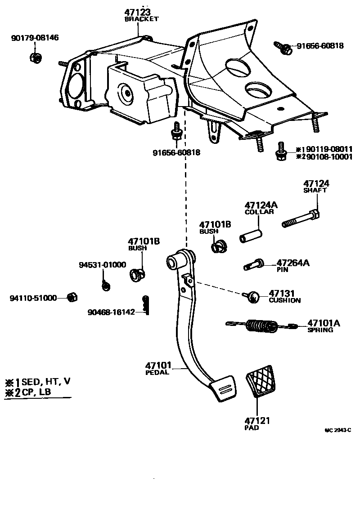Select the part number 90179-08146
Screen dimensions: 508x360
coord(35,38)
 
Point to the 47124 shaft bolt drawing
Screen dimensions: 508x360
coord(301,219)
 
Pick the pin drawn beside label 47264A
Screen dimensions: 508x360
coord(255,265)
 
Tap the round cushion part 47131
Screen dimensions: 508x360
coord(253,296)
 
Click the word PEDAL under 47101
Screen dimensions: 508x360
coord(157,372)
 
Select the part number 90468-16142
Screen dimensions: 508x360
coord(111,312)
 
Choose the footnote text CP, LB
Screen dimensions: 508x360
coord(36,392)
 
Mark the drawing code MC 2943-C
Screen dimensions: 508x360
coord(337,430)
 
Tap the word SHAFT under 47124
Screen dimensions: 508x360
coord(315,190)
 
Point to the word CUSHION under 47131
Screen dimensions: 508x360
coord(284,300)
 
